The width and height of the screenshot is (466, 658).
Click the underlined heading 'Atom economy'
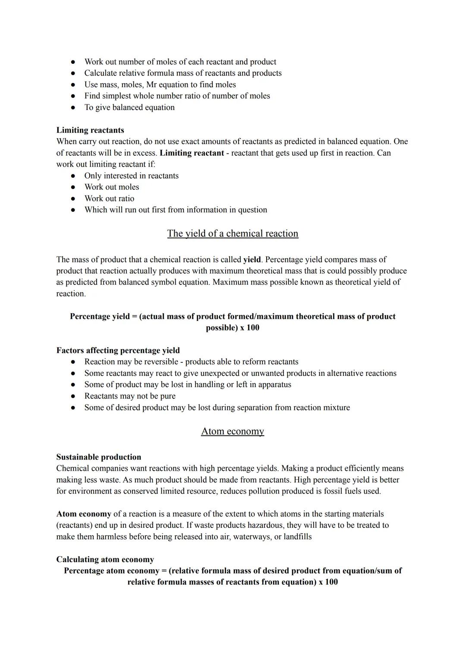(233, 431)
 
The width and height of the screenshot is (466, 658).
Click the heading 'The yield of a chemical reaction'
(233, 233)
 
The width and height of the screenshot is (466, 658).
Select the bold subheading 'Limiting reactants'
(90, 130)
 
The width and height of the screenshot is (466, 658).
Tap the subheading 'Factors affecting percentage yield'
(118, 350)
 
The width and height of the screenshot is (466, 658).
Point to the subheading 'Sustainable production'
(98, 457)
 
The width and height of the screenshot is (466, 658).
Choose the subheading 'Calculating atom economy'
(105, 559)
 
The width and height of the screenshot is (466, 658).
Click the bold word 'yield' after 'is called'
(252, 259)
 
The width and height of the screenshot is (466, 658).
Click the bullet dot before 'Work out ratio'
(74, 198)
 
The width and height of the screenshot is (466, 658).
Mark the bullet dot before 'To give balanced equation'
(74, 107)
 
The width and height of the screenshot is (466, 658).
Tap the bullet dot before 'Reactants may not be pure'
(74, 396)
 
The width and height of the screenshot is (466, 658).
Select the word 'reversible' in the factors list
(159, 362)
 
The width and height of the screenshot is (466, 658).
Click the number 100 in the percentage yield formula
(252, 327)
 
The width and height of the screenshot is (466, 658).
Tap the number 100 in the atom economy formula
(331, 582)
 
